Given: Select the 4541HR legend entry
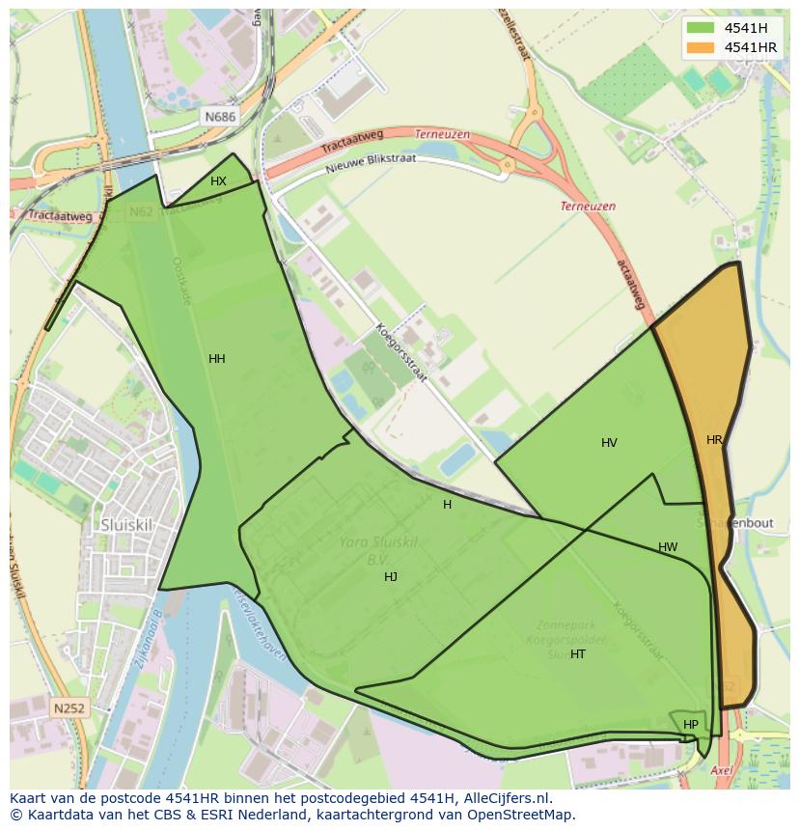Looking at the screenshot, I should tap(749, 47).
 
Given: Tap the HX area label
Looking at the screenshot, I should tap(219, 181).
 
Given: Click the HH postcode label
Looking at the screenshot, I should tap(217, 359).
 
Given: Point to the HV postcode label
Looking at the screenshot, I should tap(609, 443).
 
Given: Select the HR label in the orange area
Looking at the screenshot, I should tap(714, 440).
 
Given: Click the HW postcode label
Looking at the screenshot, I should tap(668, 547).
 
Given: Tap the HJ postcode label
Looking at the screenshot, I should tap(391, 577).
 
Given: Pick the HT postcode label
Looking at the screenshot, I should tap(578, 654).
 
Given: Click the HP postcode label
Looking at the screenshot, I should tap(691, 725).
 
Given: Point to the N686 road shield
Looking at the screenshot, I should tap(219, 117).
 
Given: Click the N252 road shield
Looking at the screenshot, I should tap(69, 708).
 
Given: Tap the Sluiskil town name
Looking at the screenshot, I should tap(125, 525).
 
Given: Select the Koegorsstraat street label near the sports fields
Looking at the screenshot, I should tap(400, 352).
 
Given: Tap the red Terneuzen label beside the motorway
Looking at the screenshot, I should tap(588, 207).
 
